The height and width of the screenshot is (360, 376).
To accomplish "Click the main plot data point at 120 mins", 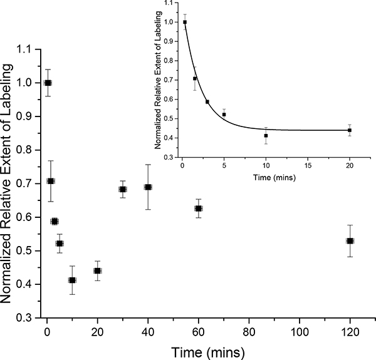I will pos(350,241).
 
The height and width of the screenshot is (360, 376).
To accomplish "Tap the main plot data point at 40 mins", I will pos(148,187).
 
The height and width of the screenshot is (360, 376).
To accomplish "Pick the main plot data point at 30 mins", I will pos(123,189).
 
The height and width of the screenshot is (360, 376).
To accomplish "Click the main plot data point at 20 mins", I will pos(98,270).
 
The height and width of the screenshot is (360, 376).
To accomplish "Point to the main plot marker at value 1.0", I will pos(48,83).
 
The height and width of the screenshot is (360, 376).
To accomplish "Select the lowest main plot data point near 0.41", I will pos(72,280).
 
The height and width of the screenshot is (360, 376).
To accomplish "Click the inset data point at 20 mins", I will pos(350,130).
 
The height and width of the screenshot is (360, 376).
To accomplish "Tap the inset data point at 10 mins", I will pos(266,135).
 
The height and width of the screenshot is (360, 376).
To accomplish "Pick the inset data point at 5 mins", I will pos(224,114).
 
